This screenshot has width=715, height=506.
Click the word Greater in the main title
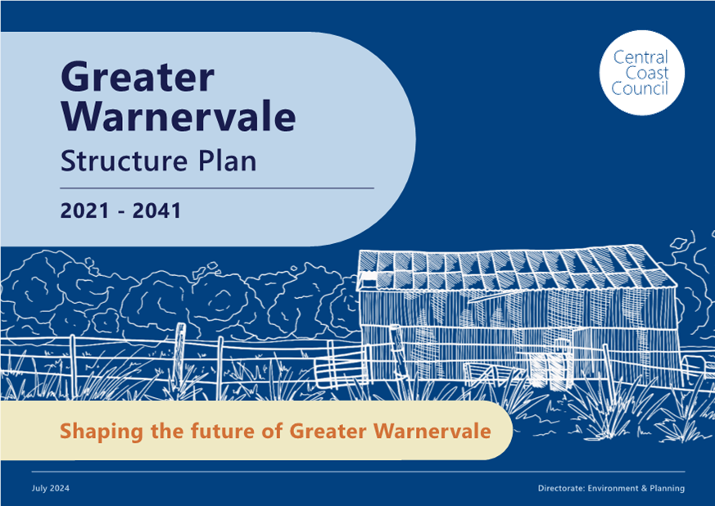coord(138,76)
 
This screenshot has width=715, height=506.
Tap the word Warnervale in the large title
coord(179,117)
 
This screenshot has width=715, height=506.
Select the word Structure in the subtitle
coord(124,161)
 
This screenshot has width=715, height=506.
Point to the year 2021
coord(85,210)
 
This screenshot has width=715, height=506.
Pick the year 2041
coord(157,210)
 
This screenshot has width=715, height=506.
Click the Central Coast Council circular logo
coord(641,73)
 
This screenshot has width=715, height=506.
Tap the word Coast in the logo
coord(646,73)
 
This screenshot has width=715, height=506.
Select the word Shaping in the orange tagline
coord(102,431)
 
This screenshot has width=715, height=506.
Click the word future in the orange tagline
coord(222,431)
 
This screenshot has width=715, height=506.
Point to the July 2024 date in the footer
coord(51,488)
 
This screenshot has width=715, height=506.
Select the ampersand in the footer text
coord(644,488)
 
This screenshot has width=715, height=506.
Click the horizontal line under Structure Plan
coord(217,187)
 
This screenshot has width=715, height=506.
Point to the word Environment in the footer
coord(613,488)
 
